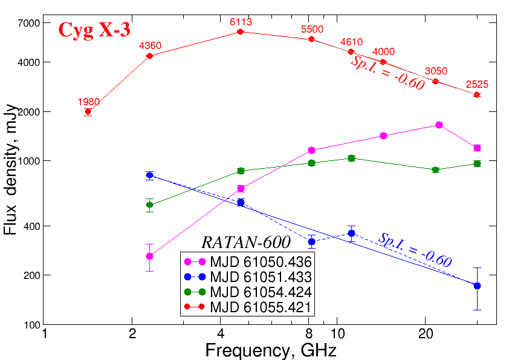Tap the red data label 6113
[x=241, y=22]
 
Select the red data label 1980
[x=88, y=102]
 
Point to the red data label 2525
[x=477, y=85]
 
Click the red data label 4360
[x=150, y=46]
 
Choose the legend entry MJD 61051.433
[x=260, y=277]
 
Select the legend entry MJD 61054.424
[x=260, y=292]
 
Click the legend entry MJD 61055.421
[x=260, y=307]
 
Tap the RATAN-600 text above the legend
[x=245, y=242]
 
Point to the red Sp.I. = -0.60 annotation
[x=387, y=74]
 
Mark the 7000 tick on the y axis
[x=29, y=23]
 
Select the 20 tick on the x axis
[x=424, y=334]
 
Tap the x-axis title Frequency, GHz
[x=270, y=350]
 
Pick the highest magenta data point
[x=439, y=125]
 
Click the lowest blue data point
[x=477, y=286]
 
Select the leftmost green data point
[x=150, y=205]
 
